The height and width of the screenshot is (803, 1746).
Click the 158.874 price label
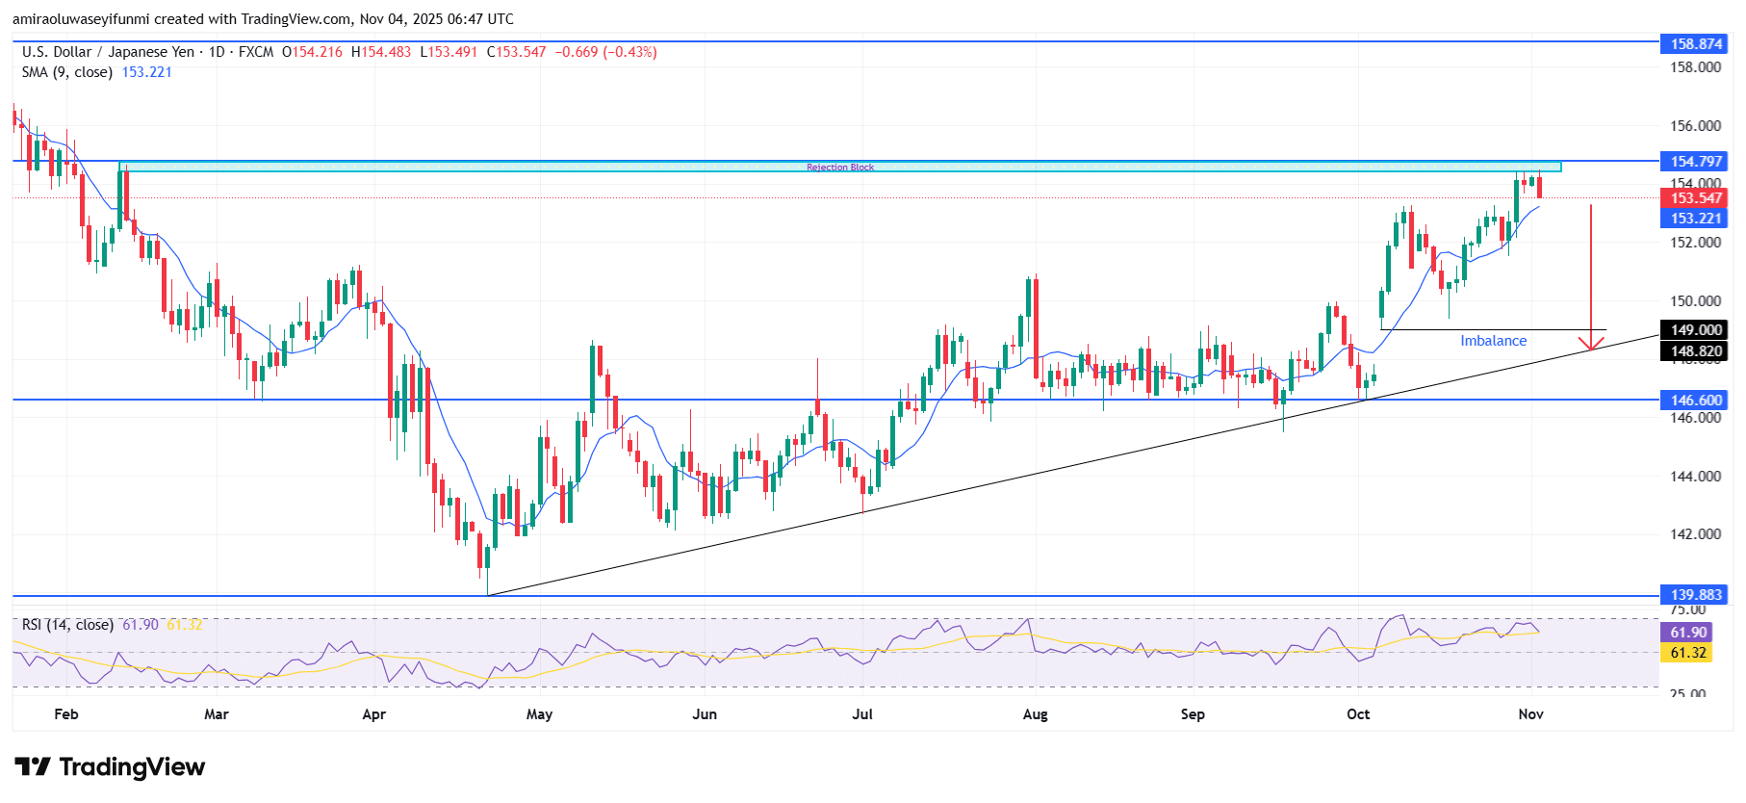pos(1695,43)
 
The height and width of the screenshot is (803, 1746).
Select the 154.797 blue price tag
pos(1695,161)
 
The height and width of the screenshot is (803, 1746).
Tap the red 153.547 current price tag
pos(1695,198)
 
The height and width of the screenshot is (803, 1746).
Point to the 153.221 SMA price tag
pos(1695,219)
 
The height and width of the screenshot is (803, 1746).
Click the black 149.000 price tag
pos(1695,329)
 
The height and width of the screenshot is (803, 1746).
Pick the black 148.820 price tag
pos(1695,351)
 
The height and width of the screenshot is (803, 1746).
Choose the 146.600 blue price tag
pos(1695,400)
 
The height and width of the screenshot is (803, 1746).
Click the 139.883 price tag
pos(1695,595)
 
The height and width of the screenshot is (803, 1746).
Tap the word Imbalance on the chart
pos(1493,341)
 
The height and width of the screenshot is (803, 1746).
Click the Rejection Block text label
pos(840,168)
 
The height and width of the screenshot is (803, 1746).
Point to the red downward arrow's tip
pos(1591,349)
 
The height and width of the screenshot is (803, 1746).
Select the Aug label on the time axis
pos(1035,714)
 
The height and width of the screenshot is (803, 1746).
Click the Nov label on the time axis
pos(1530,714)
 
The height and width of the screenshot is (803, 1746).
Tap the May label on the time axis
pos(539,714)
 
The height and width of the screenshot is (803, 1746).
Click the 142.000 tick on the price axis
pos(1695,534)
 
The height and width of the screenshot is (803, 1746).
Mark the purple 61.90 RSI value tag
pos(1688,633)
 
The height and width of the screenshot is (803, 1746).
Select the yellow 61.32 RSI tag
pos(1688,653)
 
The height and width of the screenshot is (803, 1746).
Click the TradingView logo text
pos(132,767)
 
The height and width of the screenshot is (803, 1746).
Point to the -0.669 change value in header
pos(572,52)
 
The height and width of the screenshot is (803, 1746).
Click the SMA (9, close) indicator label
pos(67,72)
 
